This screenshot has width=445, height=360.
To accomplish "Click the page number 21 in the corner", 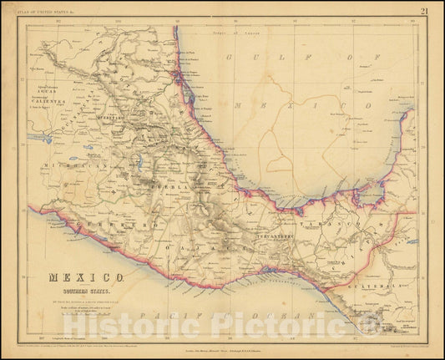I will (x=425, y=10).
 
